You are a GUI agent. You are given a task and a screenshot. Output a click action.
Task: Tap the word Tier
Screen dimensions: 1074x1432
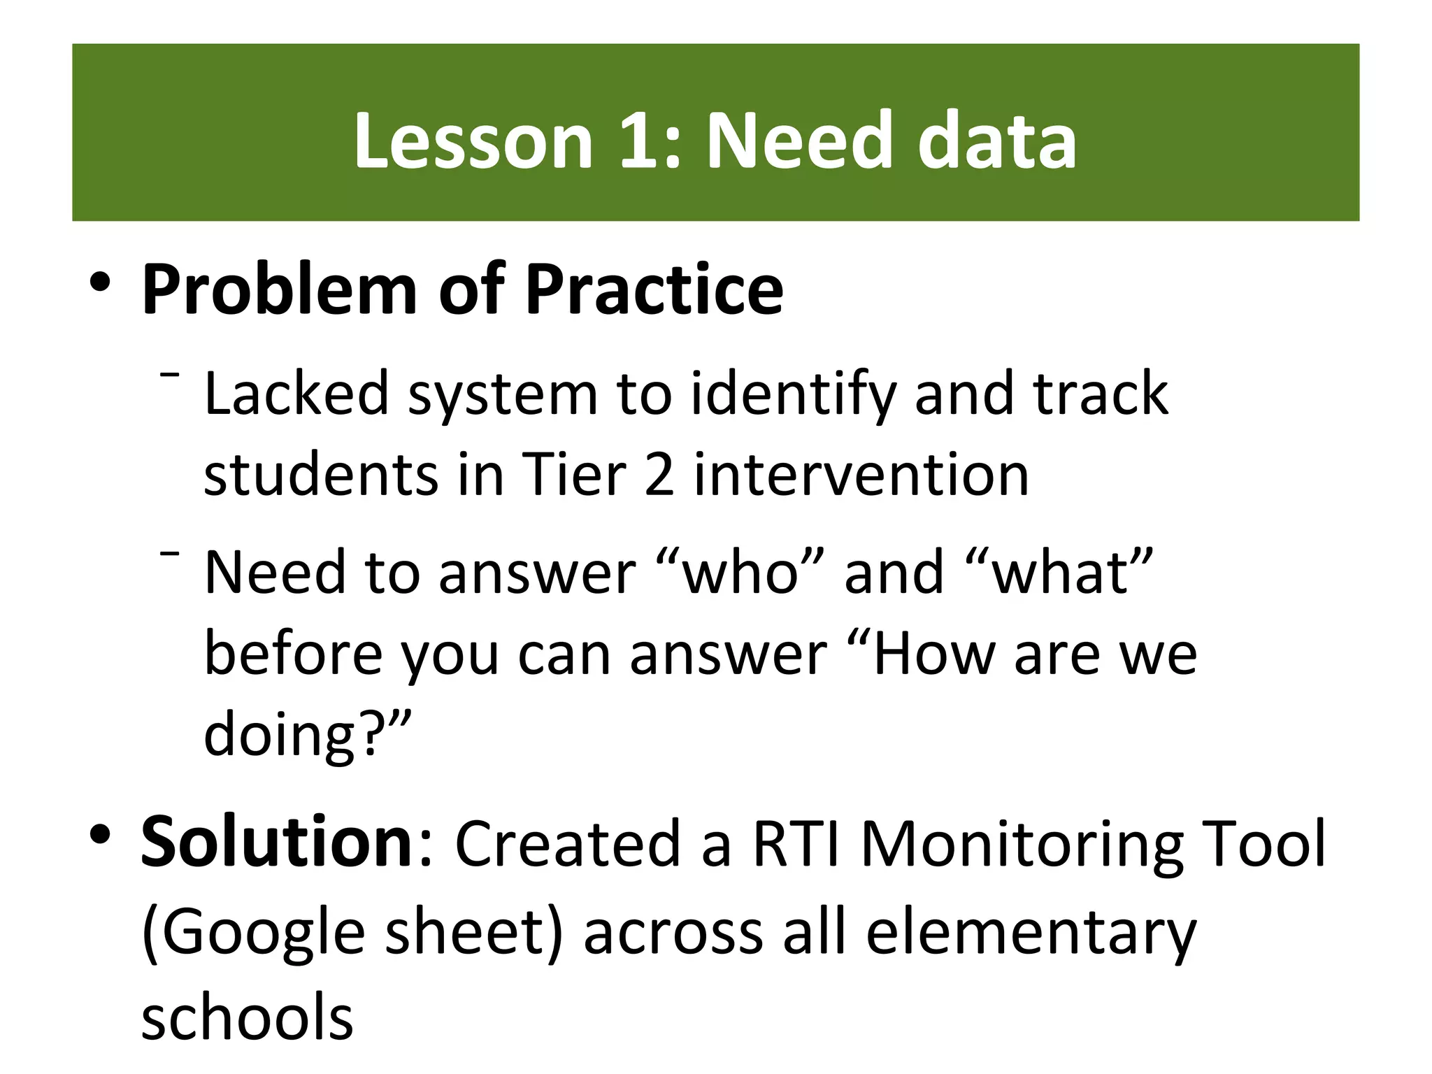click(574, 475)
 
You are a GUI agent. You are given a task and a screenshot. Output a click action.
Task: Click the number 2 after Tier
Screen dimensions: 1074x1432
click(659, 475)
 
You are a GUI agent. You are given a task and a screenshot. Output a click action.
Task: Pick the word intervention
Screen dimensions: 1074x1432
click(861, 475)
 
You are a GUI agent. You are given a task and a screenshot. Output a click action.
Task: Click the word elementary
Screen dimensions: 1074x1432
click(1031, 933)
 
